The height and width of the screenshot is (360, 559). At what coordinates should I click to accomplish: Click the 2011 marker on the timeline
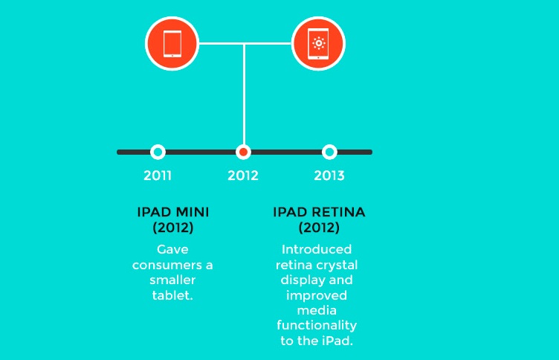pyautogui.click(x=158, y=152)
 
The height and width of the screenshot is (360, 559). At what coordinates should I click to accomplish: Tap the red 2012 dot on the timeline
pyautogui.click(x=244, y=152)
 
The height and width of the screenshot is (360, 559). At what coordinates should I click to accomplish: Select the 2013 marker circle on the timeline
pyautogui.click(x=329, y=152)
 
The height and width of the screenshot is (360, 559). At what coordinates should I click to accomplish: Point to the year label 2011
pyautogui.click(x=158, y=176)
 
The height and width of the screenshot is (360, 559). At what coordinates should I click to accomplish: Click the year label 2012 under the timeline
pyautogui.click(x=243, y=176)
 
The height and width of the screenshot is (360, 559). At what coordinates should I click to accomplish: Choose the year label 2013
pyautogui.click(x=329, y=176)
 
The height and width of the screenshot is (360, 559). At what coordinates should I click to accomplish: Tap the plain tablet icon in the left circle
pyautogui.click(x=172, y=44)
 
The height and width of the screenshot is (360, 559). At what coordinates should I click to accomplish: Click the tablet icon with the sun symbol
pyautogui.click(x=318, y=44)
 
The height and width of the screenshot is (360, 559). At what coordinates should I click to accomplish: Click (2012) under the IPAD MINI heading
pyautogui.click(x=173, y=228)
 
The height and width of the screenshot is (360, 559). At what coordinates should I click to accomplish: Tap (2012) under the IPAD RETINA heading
pyautogui.click(x=319, y=228)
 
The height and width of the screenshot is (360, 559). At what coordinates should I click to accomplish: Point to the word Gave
pyautogui.click(x=172, y=249)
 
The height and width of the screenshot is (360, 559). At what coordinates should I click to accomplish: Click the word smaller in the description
pyautogui.click(x=172, y=280)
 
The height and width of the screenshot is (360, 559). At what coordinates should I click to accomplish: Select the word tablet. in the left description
pyautogui.click(x=172, y=295)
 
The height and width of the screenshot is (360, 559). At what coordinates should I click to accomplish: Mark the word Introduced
pyautogui.click(x=317, y=249)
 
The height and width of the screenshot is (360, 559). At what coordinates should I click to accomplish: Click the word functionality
pyautogui.click(x=317, y=326)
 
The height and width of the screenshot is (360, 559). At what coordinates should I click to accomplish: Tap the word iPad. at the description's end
pyautogui.click(x=337, y=341)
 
